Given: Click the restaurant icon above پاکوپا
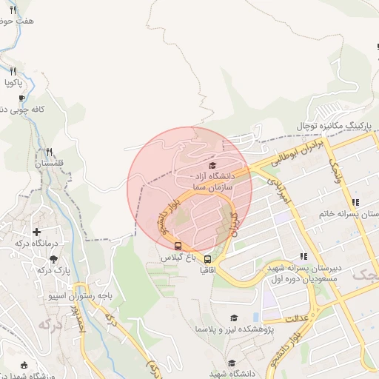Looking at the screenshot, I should [13, 71].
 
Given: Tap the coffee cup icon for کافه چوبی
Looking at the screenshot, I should [21, 98].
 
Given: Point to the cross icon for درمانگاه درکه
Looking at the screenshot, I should [36, 232].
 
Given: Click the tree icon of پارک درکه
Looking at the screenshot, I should [53, 258].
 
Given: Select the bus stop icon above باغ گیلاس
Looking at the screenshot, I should [178, 246].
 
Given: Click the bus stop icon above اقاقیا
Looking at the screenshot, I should [208, 260].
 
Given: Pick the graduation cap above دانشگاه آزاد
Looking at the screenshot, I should [213, 165].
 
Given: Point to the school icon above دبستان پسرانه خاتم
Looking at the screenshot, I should [355, 202].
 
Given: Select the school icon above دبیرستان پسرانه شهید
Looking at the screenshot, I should [303, 255].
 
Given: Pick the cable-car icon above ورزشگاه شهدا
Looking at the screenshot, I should [25, 365].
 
